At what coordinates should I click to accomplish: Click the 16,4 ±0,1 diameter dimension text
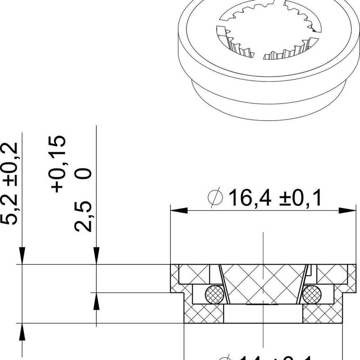pos(275,198)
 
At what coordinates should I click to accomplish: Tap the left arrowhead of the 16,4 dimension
pos(178,211)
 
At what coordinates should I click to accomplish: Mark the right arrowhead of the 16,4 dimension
pos(344,211)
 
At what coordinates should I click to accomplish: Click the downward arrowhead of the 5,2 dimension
pos(22,256)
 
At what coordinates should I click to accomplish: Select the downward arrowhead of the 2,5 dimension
pos(96,256)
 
